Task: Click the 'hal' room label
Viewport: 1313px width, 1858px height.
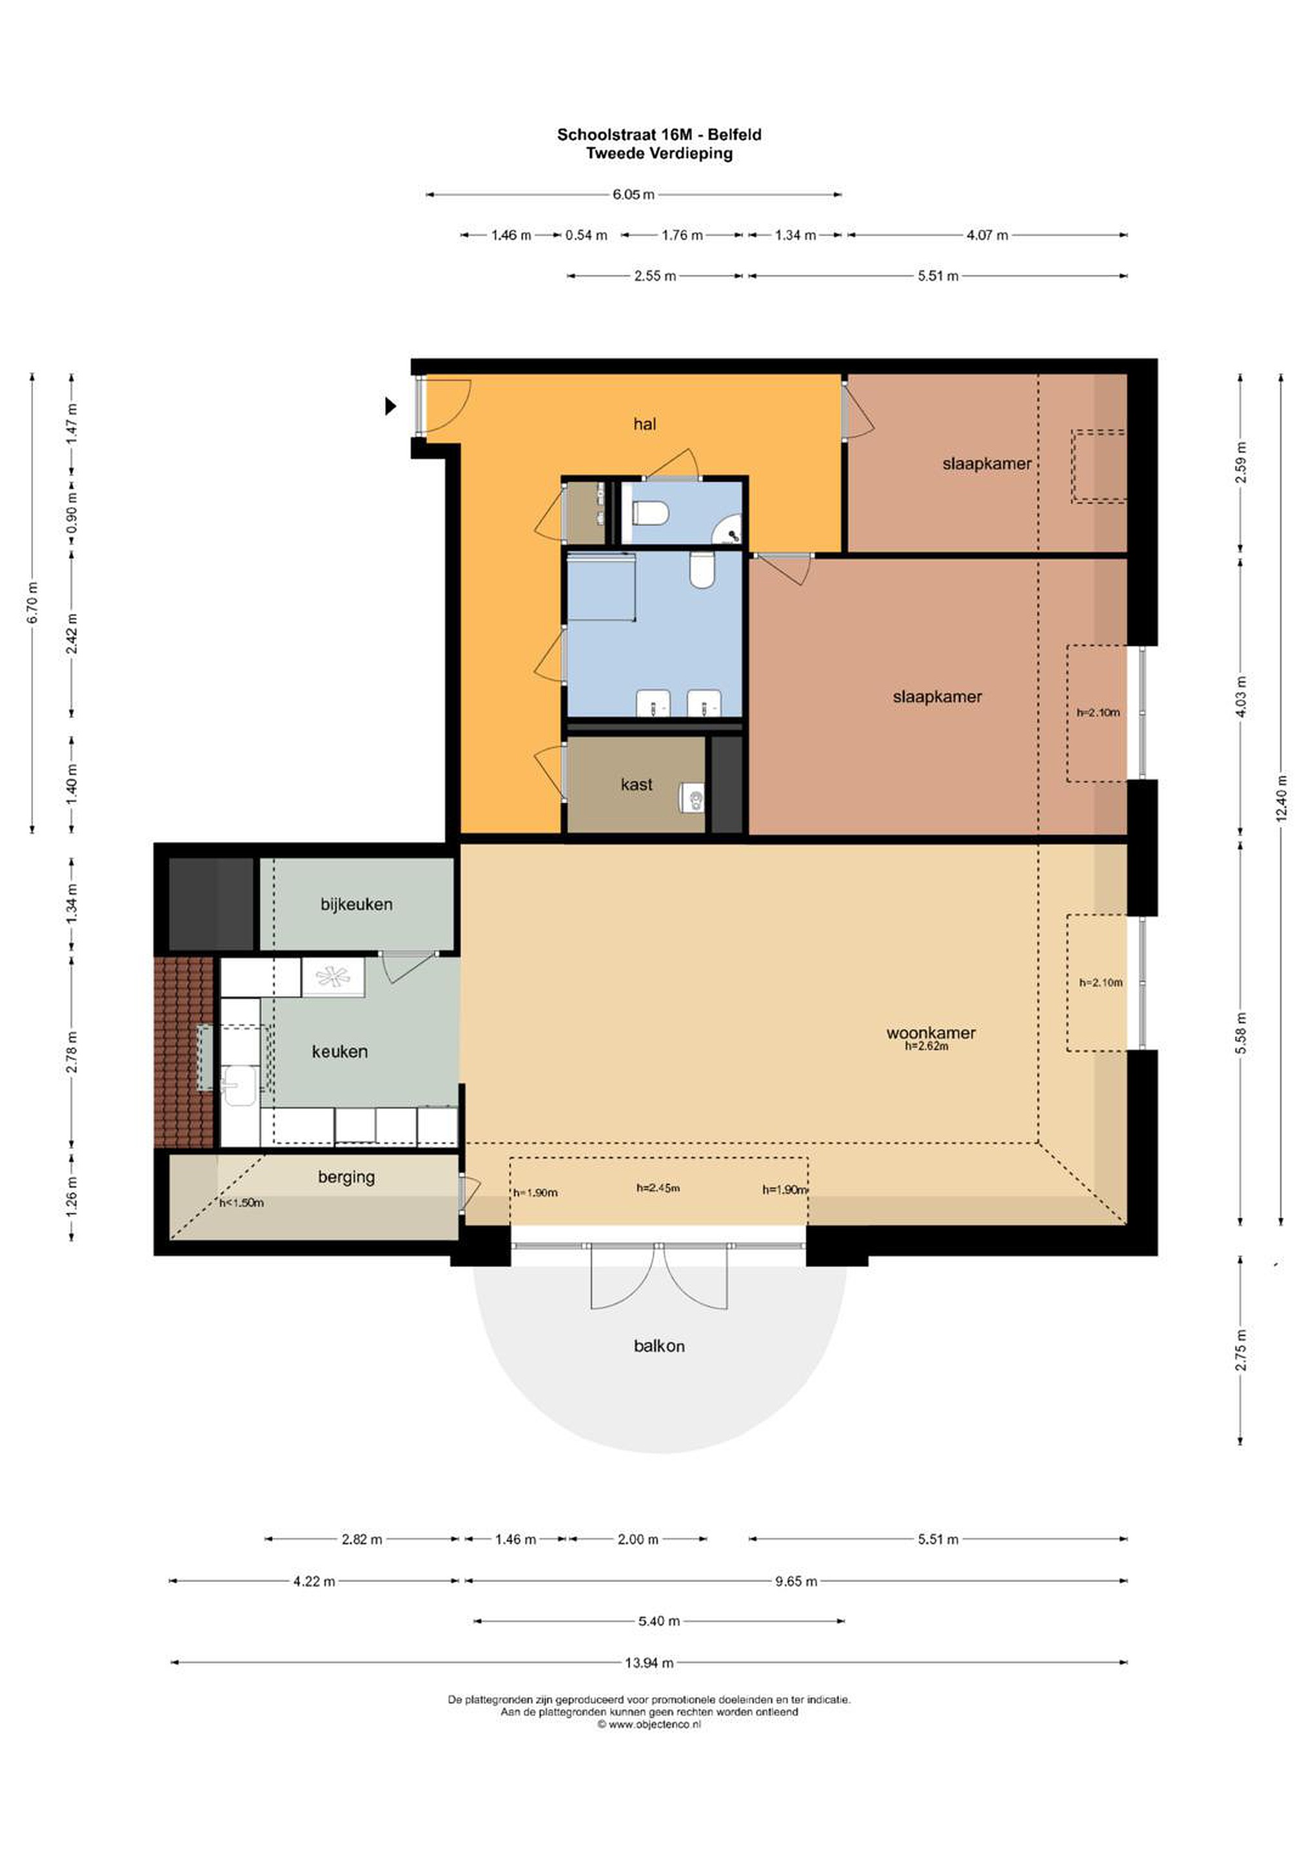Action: coord(644,424)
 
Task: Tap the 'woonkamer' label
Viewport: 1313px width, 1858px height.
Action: coord(931,1033)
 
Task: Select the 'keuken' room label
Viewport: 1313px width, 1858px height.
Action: coord(340,1051)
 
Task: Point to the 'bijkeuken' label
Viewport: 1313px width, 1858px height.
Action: coord(356,904)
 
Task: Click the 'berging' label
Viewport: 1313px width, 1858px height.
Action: coord(346,1177)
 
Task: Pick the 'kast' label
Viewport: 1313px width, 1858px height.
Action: coord(636,784)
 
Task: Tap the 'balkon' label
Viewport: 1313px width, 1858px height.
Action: coord(658,1346)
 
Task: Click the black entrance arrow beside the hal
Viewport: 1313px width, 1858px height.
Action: coord(391,406)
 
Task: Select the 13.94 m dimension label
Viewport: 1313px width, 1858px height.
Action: coord(649,1663)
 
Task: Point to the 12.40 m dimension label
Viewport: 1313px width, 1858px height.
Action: coord(1281,799)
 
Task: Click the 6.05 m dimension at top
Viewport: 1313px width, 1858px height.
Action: coord(633,194)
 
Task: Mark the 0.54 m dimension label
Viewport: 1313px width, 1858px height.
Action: coord(586,235)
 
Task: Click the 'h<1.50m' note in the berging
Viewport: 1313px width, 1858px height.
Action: coord(242,1203)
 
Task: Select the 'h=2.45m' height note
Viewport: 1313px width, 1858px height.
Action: coord(658,1188)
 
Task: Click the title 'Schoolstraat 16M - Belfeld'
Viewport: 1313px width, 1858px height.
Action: coord(658,134)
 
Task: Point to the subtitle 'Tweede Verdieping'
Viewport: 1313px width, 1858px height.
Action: coord(659,153)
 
